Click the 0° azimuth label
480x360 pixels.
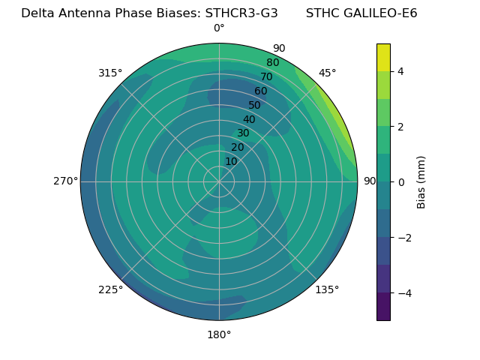click(x=219, y=28)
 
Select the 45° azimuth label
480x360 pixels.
click(x=327, y=73)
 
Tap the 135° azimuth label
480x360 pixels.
click(x=327, y=290)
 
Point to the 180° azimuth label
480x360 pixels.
click(x=219, y=334)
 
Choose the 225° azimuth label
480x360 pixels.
click(x=110, y=290)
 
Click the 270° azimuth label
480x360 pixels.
click(x=66, y=181)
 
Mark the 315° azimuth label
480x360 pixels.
click(x=110, y=73)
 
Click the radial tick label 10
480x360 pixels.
click(x=231, y=161)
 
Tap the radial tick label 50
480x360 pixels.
click(x=255, y=106)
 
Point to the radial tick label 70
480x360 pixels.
click(x=266, y=77)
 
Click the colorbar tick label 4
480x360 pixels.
click(x=400, y=71)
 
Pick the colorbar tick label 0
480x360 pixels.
click(x=400, y=181)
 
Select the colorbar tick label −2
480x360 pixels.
click(x=403, y=237)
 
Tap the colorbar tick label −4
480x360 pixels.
click(x=403, y=292)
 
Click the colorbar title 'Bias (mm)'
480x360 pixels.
click(x=421, y=182)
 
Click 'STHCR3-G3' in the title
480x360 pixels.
click(x=241, y=13)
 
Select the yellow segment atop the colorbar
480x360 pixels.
click(x=383, y=57)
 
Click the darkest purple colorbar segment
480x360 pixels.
click(x=383, y=306)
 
